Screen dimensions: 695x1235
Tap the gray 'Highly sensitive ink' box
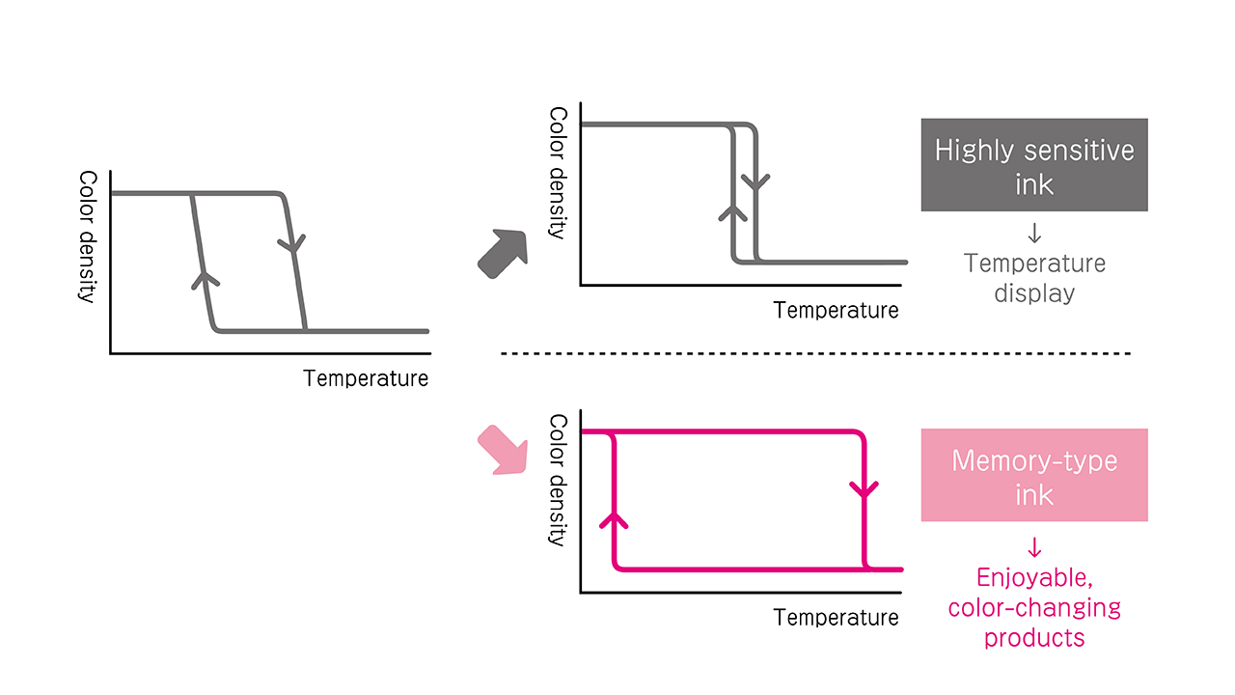tap(1034, 165)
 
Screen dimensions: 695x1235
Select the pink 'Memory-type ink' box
tap(1034, 475)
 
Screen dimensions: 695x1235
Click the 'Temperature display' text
tap(1034, 278)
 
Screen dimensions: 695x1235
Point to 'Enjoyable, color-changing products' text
tap(1034, 607)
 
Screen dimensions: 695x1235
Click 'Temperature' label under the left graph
tap(366, 378)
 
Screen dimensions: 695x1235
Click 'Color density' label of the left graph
tap(88, 237)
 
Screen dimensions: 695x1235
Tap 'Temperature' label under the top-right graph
tap(836, 310)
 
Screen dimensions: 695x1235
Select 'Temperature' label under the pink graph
tap(836, 617)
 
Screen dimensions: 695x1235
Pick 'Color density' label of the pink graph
tap(558, 481)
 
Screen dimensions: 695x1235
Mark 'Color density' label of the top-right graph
tap(558, 173)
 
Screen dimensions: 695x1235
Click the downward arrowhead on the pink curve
tap(864, 491)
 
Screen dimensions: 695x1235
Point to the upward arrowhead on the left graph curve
tap(205, 278)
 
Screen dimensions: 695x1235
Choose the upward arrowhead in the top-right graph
tap(733, 211)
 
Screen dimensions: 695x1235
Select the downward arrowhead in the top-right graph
tap(756, 181)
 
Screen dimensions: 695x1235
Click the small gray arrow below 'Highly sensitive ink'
tap(1034, 234)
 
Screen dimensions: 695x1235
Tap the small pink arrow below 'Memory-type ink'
tap(1034, 548)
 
